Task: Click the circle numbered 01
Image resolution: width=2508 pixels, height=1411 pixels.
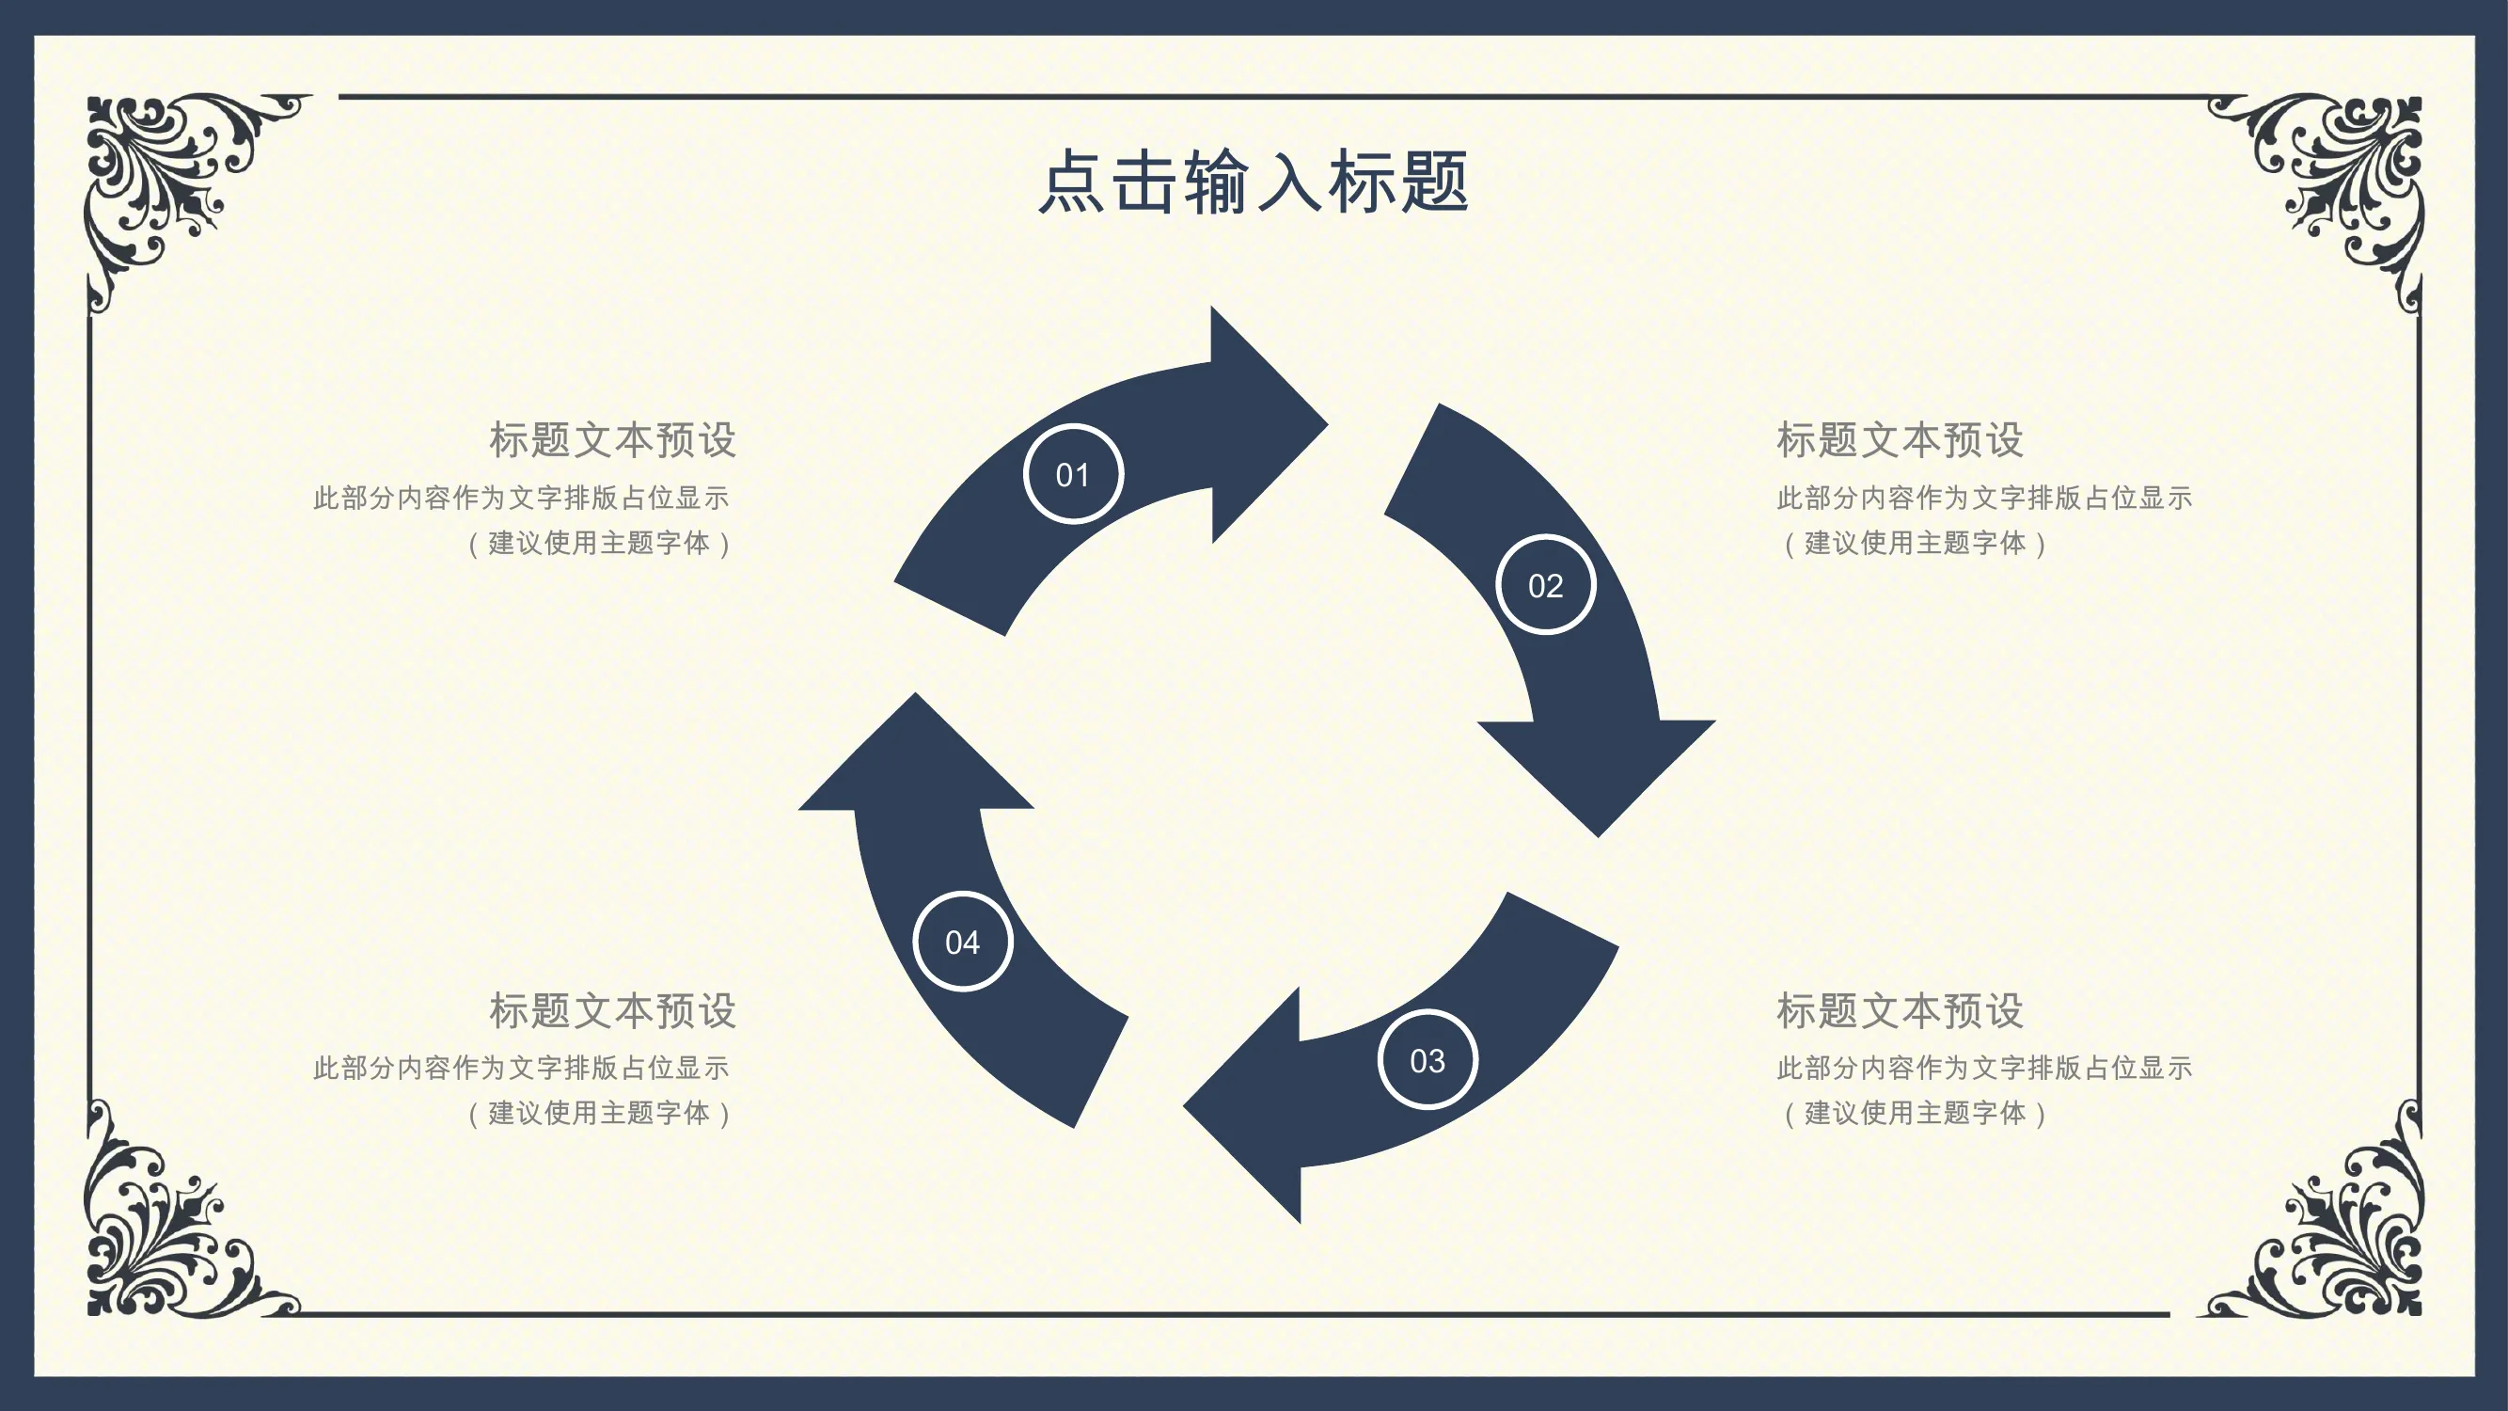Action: coord(1073,474)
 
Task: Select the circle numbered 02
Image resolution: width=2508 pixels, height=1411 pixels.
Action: coord(1545,584)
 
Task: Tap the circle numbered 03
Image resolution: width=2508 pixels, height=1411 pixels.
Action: coord(1428,1059)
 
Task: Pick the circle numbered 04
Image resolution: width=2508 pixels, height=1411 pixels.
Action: coord(963,942)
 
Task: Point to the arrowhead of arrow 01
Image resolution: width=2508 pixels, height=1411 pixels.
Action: coord(1266,424)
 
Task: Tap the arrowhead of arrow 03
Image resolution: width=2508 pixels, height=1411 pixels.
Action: coord(1246,1106)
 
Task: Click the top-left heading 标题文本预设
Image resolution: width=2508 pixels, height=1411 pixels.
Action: coord(612,440)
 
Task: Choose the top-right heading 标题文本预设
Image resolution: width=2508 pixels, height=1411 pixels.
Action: coord(1901,440)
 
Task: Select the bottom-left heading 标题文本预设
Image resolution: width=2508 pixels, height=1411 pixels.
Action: coord(612,1011)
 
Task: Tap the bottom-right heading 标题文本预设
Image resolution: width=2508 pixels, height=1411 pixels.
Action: coord(1901,1011)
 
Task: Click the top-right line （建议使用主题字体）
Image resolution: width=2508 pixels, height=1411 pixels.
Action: coord(1915,544)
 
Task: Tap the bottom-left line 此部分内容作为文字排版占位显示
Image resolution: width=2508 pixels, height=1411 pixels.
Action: coord(521,1068)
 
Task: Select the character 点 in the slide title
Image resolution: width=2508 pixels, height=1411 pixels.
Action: coord(1073,182)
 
